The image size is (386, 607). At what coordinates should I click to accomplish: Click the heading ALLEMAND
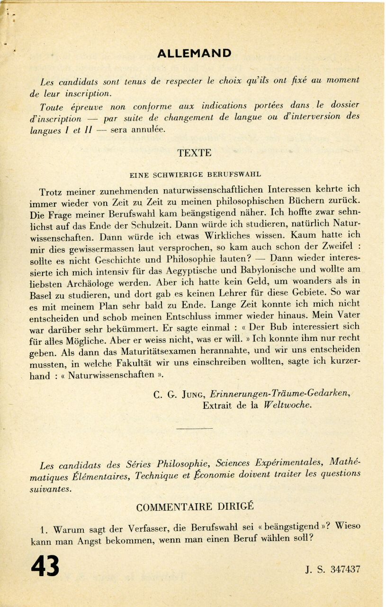point(194,53)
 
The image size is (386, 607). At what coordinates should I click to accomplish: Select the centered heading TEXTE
point(194,153)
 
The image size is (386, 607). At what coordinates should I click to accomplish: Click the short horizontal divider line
point(194,428)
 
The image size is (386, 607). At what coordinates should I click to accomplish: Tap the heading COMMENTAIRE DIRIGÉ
point(195,506)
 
